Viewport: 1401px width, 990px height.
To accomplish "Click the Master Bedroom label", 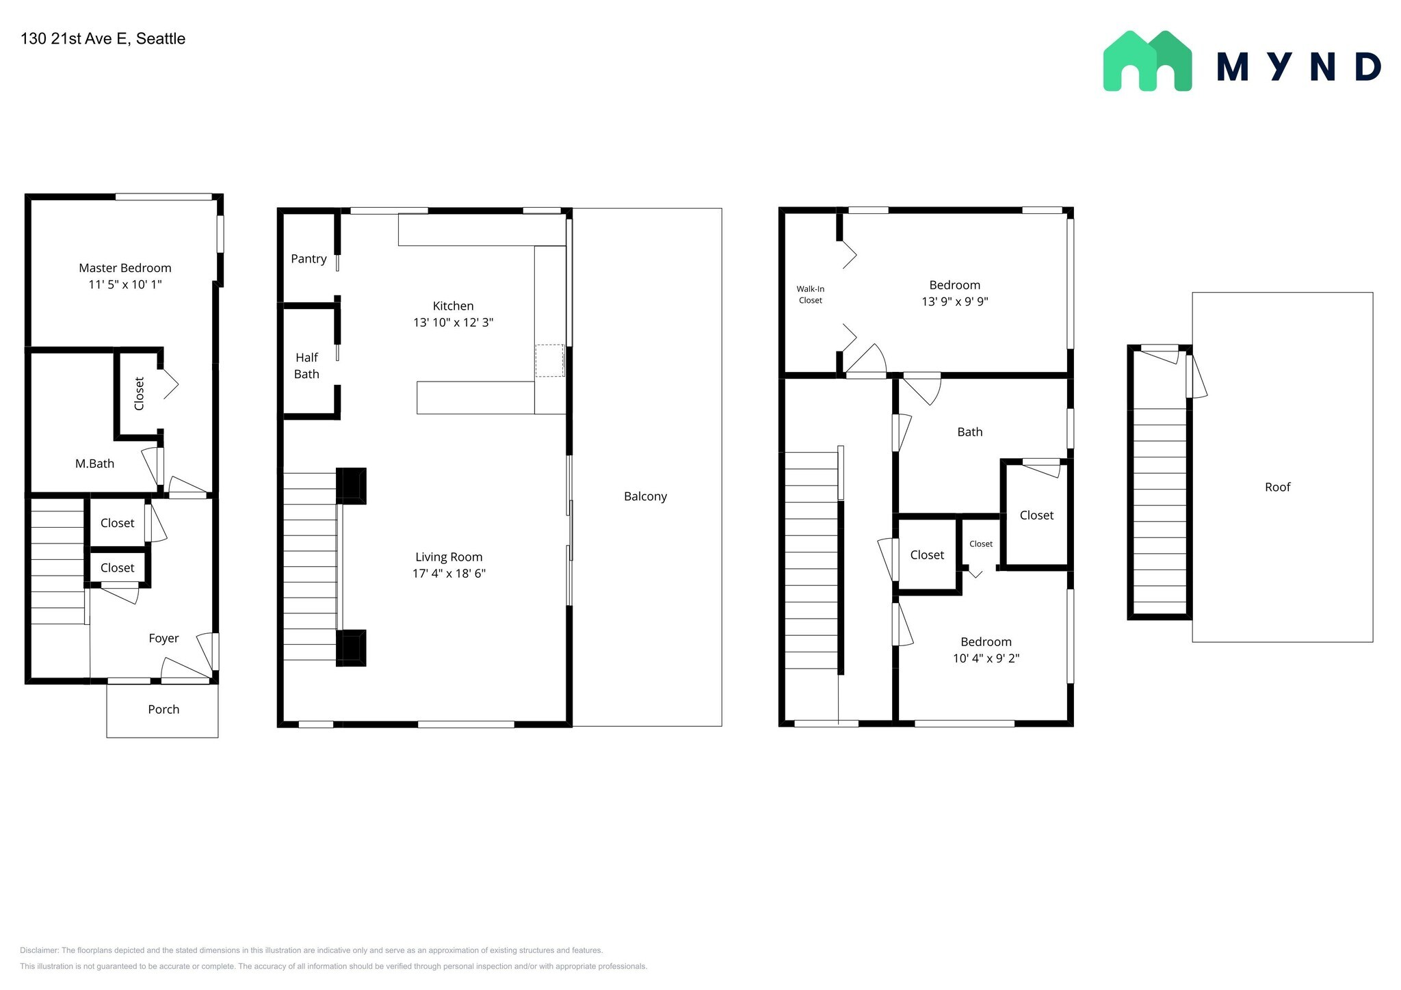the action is click(125, 268).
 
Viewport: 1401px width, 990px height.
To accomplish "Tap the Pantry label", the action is click(309, 259).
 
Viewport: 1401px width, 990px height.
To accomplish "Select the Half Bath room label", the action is click(306, 366).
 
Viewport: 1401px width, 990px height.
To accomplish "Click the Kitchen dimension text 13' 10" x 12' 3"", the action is click(453, 323).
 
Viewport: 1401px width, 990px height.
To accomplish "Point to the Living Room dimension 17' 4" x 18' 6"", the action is click(449, 574).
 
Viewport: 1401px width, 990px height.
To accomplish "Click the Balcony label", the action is click(645, 497).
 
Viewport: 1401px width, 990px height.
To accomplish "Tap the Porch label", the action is click(163, 710).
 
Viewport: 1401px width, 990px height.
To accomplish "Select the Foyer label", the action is click(163, 639).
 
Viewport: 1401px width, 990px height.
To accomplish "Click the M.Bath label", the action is click(94, 464).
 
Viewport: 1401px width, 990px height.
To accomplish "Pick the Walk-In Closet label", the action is click(811, 295).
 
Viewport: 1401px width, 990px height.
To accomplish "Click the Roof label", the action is click(1278, 487).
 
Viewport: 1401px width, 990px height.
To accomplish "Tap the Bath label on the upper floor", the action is click(970, 432).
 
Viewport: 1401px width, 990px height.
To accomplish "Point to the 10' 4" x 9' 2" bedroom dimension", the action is click(986, 658).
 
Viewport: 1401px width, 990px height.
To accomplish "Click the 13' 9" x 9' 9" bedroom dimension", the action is click(955, 302).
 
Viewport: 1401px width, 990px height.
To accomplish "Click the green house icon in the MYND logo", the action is click(1147, 61).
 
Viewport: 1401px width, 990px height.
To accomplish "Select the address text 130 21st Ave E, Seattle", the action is click(103, 39).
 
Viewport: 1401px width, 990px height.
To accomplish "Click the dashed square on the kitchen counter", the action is click(549, 360).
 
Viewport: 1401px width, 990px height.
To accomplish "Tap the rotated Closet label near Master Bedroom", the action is click(140, 394).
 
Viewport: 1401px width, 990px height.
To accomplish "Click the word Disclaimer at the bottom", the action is click(39, 950).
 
